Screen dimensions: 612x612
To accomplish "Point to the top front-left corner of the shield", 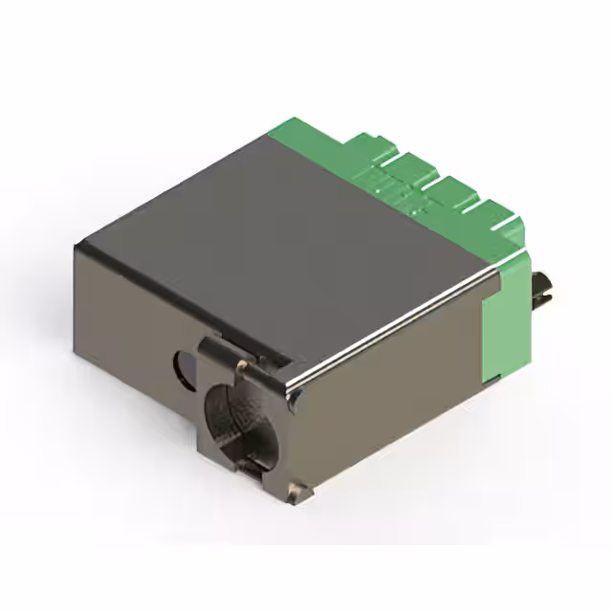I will [x=79, y=246].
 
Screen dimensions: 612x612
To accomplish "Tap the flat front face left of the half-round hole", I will [x=124, y=325].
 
